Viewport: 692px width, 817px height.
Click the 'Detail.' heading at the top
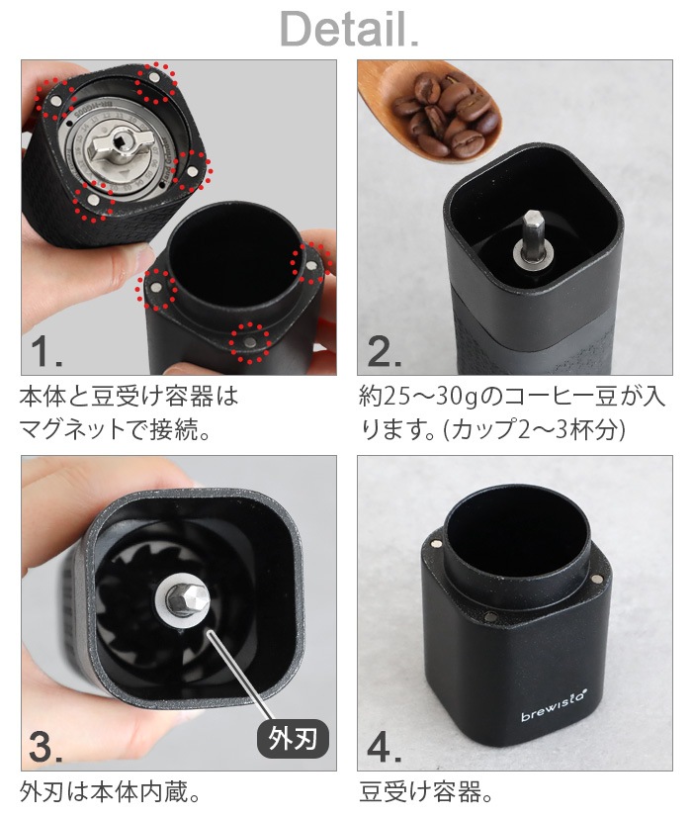[x=349, y=30]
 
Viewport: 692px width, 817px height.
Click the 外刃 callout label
[x=293, y=737]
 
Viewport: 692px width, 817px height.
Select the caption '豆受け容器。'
[x=425, y=792]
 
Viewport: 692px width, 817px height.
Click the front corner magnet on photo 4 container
[x=493, y=618]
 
